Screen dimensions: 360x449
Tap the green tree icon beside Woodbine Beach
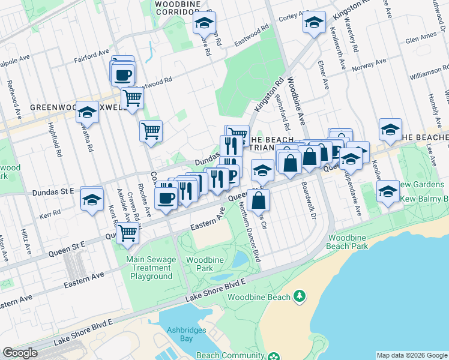(299, 296)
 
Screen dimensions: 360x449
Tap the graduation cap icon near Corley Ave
(314, 23)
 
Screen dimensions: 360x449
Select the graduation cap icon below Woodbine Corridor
(204, 24)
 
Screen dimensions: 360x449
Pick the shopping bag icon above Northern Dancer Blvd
(258, 201)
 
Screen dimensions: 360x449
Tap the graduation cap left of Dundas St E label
(92, 199)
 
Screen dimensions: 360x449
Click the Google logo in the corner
(20, 353)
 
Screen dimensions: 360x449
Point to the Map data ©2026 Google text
(411, 355)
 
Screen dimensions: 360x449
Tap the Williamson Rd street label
(429, 75)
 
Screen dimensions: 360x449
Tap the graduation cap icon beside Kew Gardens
(388, 191)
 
